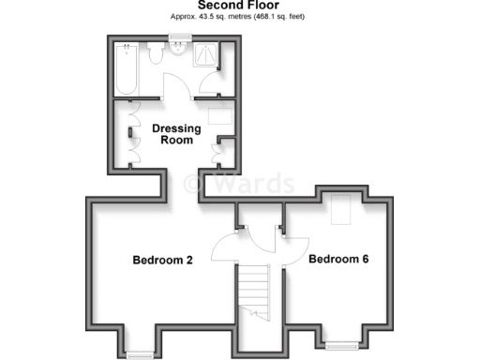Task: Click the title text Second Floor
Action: pyautogui.click(x=239, y=5)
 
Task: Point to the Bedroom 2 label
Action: pyautogui.click(x=162, y=260)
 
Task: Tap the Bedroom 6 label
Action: pyautogui.click(x=338, y=259)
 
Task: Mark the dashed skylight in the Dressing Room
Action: pyautogui.click(x=220, y=118)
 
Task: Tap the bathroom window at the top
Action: pyautogui.click(x=176, y=37)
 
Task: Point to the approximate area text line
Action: pyautogui.click(x=239, y=17)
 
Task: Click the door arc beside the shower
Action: pyautogui.click(x=208, y=86)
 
